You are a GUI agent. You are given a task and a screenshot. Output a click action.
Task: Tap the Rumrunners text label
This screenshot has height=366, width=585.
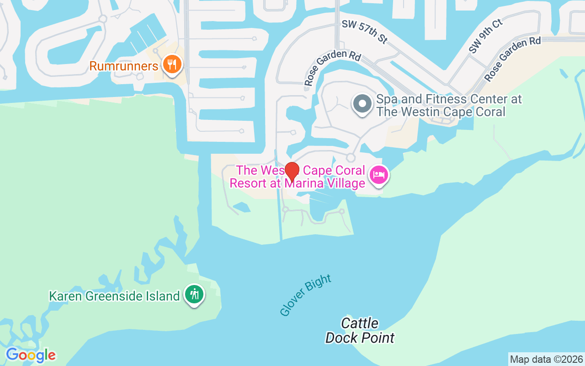(x=123, y=66)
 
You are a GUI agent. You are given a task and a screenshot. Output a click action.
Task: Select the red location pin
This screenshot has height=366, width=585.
(x=292, y=171)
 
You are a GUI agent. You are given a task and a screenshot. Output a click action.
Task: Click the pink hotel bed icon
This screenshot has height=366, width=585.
(x=379, y=175)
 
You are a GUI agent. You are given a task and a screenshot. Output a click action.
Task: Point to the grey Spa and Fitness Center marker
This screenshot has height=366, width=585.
(x=362, y=104)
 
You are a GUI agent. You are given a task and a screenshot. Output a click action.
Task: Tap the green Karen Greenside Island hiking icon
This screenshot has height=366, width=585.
(x=195, y=294)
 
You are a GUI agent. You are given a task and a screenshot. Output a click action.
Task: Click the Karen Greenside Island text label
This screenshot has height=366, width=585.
(x=114, y=296)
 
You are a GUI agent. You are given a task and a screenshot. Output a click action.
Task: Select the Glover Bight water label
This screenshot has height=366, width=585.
(x=305, y=295)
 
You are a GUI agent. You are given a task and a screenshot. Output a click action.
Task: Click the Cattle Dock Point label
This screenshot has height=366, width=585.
(x=360, y=331)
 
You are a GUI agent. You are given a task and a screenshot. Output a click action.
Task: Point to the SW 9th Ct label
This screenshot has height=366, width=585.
(x=485, y=36)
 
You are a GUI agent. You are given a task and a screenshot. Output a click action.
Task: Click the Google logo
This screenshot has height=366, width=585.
(x=31, y=355)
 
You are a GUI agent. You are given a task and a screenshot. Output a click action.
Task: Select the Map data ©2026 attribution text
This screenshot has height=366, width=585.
(x=547, y=359)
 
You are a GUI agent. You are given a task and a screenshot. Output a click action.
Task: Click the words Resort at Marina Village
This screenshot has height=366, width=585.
(x=297, y=183)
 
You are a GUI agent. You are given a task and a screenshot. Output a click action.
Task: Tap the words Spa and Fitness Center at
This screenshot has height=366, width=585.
(x=449, y=99)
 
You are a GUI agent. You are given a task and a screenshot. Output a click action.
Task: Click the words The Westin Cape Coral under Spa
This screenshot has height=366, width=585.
(x=441, y=112)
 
